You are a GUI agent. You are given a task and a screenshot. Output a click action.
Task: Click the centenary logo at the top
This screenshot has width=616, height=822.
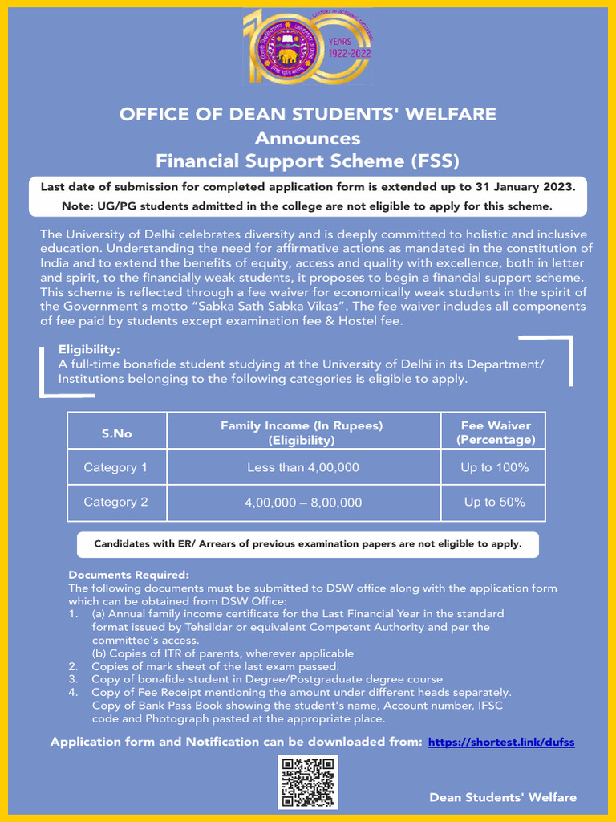[307, 47]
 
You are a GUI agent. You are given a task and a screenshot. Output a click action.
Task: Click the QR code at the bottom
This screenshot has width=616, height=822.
[307, 781]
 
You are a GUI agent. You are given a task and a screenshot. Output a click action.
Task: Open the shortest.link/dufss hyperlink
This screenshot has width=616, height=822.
[501, 743]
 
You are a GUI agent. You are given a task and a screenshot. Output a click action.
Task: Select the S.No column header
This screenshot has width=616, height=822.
[116, 433]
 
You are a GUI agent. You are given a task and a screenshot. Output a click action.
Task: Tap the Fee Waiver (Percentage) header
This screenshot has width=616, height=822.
[495, 433]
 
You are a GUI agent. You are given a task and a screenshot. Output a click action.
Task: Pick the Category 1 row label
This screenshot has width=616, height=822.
[115, 467]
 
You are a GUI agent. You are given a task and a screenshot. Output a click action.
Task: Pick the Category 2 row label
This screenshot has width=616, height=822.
[115, 503]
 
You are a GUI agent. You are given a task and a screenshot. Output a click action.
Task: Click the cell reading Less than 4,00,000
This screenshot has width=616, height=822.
[302, 467]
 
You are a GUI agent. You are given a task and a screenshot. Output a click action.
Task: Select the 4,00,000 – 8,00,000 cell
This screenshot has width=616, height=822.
[302, 503]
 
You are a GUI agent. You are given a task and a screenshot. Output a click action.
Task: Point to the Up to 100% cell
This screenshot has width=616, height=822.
[494, 467]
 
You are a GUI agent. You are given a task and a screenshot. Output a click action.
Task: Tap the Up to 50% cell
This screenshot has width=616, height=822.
[494, 503]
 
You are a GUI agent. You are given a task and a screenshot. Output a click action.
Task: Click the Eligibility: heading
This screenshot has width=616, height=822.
[89, 350]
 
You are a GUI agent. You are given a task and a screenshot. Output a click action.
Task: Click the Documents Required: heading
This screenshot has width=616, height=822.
[128, 575]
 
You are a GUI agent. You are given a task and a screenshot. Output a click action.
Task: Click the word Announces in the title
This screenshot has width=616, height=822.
[307, 138]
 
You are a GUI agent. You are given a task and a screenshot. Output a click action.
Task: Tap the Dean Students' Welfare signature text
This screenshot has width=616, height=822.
[502, 797]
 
